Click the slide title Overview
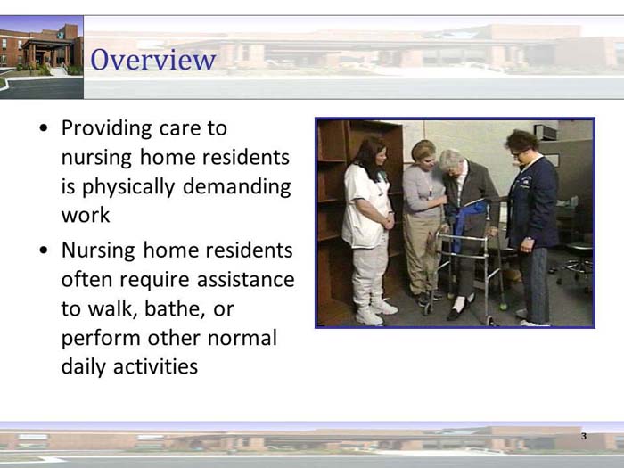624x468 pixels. click(153, 61)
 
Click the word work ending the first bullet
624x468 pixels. click(86, 216)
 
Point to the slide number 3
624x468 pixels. click(583, 437)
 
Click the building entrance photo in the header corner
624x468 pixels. click(41, 55)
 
